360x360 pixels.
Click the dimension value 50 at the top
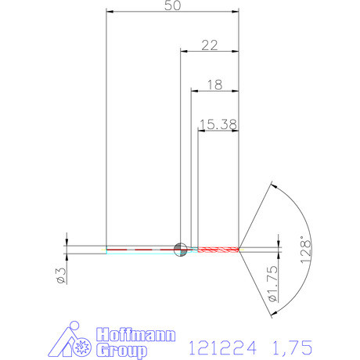pyautogui.click(x=174, y=5)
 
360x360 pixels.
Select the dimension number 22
pyautogui.click(x=209, y=45)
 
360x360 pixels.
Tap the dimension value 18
pyautogui.click(x=215, y=84)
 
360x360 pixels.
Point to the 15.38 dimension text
pyautogui.click(x=218, y=123)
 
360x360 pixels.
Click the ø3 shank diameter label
pyautogui.click(x=59, y=273)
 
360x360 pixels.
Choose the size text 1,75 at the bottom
pyautogui.click(x=290, y=345)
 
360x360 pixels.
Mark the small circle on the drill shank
pyautogui.click(x=180, y=249)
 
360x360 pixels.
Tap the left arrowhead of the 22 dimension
pyautogui.click(x=185, y=52)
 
